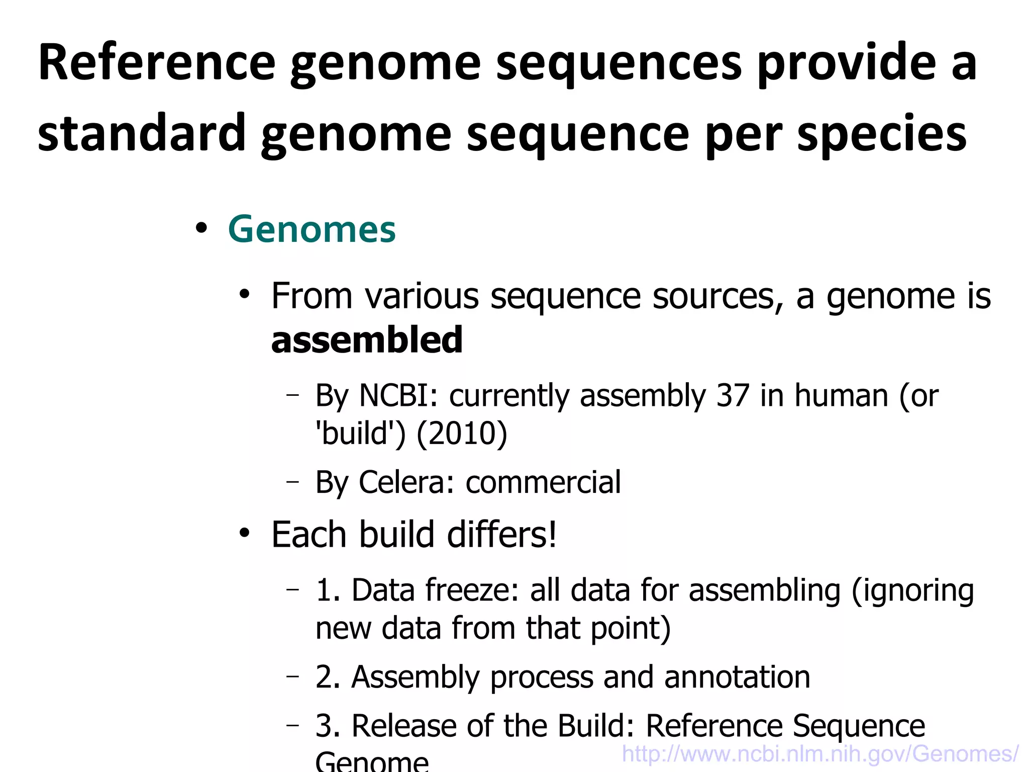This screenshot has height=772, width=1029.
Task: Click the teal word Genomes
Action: (x=312, y=230)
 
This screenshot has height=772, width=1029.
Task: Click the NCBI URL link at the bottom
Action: (x=820, y=754)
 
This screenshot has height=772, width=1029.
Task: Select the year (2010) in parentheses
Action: (x=462, y=434)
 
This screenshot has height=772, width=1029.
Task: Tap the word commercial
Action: (x=543, y=482)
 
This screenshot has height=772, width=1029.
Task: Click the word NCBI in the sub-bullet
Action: (x=394, y=395)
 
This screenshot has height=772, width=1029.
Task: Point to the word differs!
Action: (x=502, y=534)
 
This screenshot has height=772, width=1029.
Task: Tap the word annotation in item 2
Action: (x=737, y=677)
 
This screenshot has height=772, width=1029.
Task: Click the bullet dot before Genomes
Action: (x=201, y=229)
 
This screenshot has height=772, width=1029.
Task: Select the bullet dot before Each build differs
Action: (x=245, y=533)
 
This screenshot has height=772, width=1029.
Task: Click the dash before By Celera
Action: (x=292, y=482)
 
